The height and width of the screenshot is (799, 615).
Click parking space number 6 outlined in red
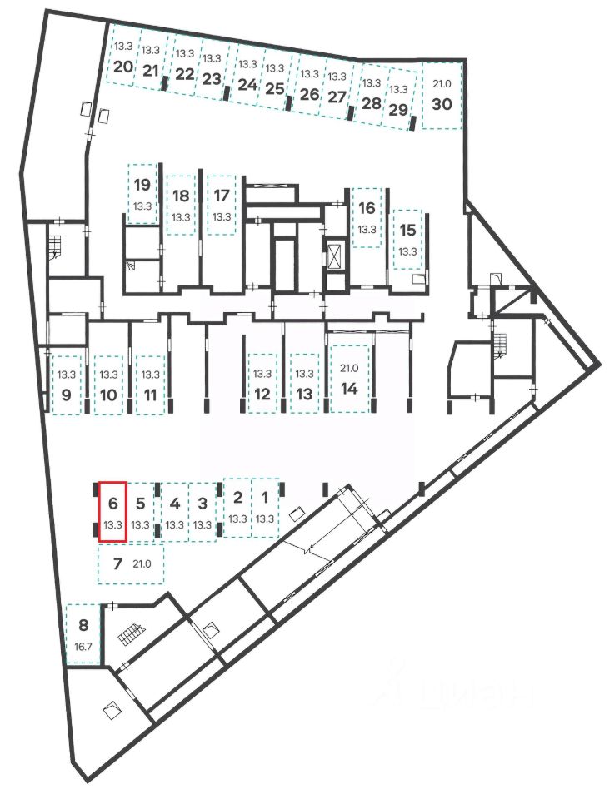coord(112,511)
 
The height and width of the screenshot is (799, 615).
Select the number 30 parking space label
coord(442,104)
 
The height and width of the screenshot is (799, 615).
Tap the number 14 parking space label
coord(349,387)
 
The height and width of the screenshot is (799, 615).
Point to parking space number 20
coord(123,67)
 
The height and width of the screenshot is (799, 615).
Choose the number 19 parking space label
coord(142,184)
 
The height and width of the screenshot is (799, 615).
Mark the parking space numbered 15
coord(407,237)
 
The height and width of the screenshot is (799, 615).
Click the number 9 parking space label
coord(66,395)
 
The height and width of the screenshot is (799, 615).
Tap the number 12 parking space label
coord(262,394)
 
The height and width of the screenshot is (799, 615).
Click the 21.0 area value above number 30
coord(441,84)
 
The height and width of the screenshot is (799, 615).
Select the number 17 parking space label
coord(221,196)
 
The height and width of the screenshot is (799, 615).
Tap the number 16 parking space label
coord(367,209)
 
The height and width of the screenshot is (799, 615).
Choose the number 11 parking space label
coord(150,395)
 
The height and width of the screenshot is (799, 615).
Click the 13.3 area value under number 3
coord(202,524)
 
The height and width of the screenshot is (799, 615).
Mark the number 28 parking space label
coord(372,105)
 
